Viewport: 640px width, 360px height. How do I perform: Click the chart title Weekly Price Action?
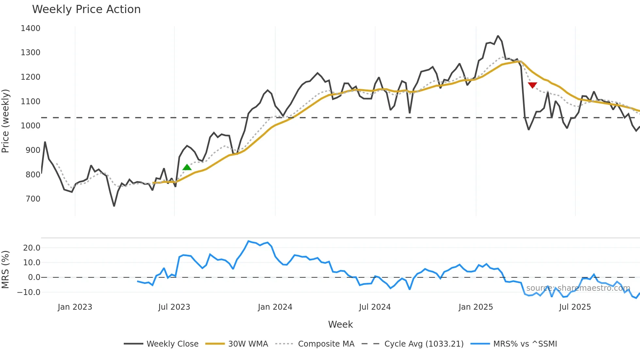[86, 9]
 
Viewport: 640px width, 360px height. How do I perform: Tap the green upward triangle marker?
[187, 168]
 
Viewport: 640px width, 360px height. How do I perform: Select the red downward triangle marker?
[532, 85]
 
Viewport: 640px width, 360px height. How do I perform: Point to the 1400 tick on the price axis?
[30, 28]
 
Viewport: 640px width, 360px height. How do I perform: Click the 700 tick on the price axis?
[33, 199]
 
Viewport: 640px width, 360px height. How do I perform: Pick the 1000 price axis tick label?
[30, 126]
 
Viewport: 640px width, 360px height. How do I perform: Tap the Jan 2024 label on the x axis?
[275, 307]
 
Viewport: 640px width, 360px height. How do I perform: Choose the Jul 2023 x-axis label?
[174, 307]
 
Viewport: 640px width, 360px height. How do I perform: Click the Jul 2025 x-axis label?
[575, 307]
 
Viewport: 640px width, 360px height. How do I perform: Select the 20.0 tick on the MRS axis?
[32, 248]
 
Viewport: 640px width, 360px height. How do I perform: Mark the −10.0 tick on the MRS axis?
[29, 292]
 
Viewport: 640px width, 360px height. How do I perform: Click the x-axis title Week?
[340, 324]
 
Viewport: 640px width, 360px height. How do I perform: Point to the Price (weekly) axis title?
[6, 121]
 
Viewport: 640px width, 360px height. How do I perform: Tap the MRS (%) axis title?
[6, 270]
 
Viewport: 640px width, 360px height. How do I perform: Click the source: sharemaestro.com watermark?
[578, 288]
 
